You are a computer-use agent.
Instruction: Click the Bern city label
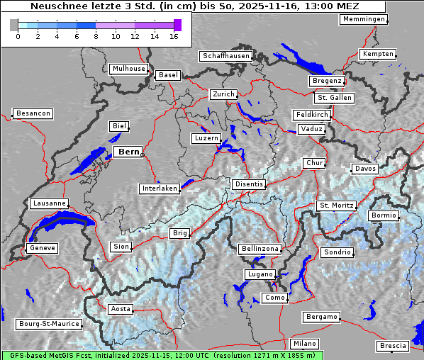(x=129, y=152)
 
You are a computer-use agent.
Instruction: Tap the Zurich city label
(x=223, y=94)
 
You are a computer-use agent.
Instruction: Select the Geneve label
(x=42, y=248)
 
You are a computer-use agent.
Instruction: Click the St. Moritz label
(x=336, y=206)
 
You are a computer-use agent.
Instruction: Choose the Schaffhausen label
(x=225, y=55)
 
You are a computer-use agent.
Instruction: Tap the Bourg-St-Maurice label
(x=48, y=324)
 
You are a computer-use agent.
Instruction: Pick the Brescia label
(x=393, y=346)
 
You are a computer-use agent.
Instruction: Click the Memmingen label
(x=364, y=19)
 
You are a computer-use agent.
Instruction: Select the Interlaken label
(x=160, y=189)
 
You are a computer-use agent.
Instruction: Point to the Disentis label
(x=248, y=184)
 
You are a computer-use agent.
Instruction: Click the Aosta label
(x=121, y=309)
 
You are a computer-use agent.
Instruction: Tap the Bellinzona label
(x=260, y=249)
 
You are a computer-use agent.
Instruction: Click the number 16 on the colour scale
(x=174, y=36)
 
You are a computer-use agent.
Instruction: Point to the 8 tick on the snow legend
(x=96, y=36)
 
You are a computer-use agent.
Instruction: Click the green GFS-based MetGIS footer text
(x=162, y=355)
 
